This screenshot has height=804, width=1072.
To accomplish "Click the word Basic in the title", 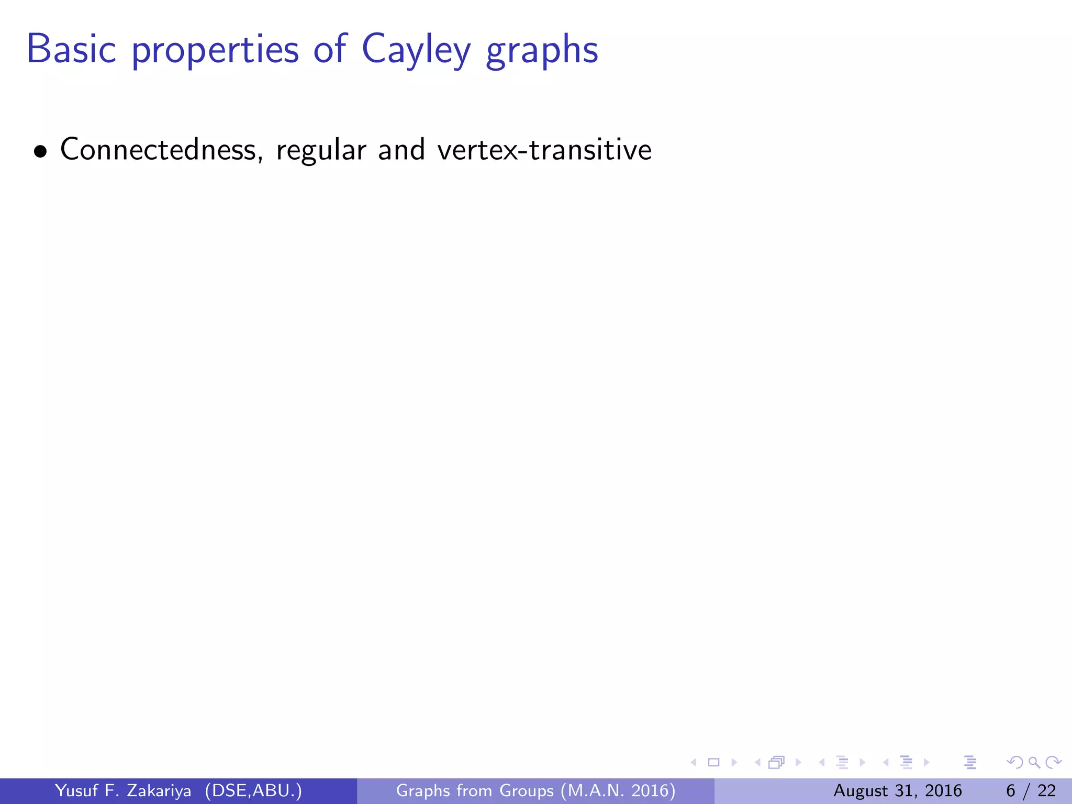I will (71, 49).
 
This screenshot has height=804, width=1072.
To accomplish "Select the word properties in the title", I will (215, 51).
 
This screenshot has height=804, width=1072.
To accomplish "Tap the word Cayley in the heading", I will (416, 51).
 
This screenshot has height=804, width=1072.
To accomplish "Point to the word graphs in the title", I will (542, 51).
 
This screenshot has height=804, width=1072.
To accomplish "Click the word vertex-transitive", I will (544, 150).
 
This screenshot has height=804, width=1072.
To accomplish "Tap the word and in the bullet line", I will (401, 150).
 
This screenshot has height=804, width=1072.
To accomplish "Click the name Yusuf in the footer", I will (76, 790).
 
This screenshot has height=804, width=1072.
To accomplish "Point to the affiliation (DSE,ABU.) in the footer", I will (253, 790).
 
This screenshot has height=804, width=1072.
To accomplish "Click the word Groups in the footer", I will (526, 790).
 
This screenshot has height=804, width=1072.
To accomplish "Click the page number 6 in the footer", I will (1011, 790).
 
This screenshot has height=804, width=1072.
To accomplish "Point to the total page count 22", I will (1047, 790).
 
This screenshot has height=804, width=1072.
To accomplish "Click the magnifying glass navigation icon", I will (1034, 763).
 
